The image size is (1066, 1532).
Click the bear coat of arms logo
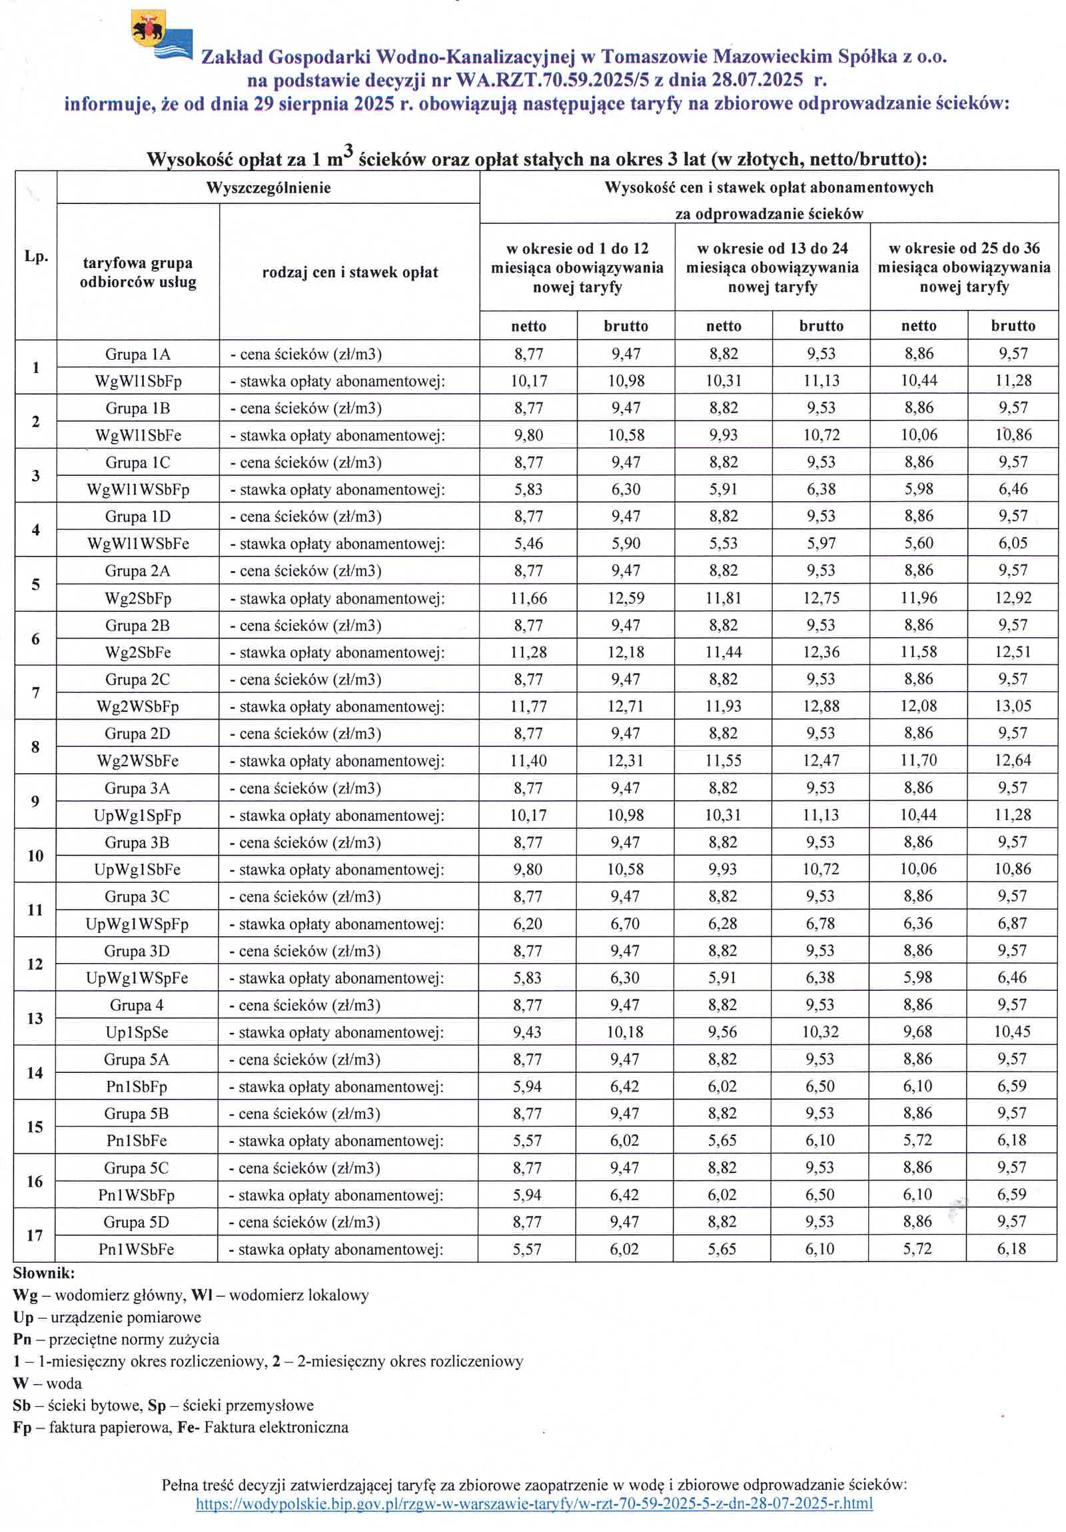tap(148, 28)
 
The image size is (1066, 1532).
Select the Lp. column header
tap(36, 257)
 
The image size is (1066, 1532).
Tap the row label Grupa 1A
tap(137, 355)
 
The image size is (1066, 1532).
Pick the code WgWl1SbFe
tap(138, 436)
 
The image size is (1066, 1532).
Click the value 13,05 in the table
tap(1013, 706)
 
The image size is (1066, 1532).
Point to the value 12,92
tap(1013, 598)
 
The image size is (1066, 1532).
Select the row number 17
tap(35, 1235)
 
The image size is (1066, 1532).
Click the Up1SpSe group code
tap(137, 1032)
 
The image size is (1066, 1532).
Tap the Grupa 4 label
tap(137, 1005)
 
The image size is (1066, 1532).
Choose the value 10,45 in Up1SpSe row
tap(1012, 1032)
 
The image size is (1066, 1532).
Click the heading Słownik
tap(44, 1273)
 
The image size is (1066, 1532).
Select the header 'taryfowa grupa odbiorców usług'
tap(137, 273)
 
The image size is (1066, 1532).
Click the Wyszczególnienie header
tap(268, 187)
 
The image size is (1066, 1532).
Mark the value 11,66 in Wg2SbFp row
tap(528, 598)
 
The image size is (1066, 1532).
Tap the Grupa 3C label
tap(137, 897)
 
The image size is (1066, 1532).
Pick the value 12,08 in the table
tap(919, 706)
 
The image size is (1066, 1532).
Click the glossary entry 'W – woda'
tap(47, 1383)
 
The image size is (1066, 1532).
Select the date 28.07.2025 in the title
tap(757, 80)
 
